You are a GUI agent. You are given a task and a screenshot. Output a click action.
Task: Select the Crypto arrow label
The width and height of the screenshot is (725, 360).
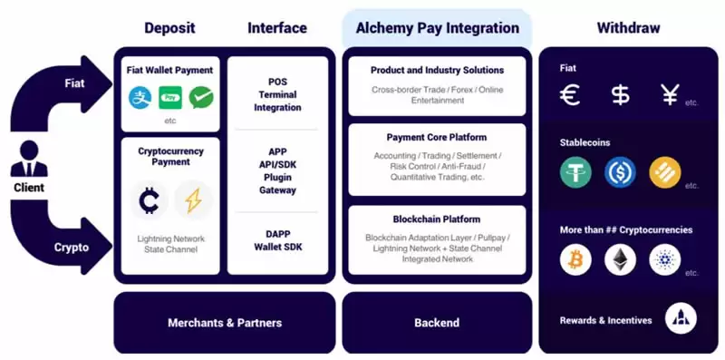point(72,247)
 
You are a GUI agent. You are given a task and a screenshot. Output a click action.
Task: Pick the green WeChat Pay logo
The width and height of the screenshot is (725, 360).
point(201,95)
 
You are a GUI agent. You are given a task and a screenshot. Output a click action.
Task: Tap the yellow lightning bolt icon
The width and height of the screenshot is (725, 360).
point(193,200)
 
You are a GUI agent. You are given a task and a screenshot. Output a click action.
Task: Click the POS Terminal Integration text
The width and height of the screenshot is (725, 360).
point(278,94)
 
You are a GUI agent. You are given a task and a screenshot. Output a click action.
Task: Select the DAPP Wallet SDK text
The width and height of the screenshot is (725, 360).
point(278,239)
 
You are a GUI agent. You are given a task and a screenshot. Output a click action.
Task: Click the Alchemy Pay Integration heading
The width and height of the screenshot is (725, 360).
point(437,28)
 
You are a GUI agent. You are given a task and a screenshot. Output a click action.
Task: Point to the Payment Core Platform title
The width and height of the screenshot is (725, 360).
point(437,137)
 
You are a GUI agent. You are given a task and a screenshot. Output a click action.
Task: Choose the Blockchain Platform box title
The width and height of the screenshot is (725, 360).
point(437,219)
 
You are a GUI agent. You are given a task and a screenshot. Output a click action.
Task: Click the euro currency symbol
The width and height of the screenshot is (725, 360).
point(570,94)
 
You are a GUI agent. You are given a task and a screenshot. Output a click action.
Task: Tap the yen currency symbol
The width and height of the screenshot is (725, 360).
point(670,94)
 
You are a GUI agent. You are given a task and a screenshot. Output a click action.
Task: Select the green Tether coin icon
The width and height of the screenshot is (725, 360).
point(575,172)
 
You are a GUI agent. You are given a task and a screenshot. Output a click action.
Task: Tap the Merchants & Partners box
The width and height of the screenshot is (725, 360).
point(225,323)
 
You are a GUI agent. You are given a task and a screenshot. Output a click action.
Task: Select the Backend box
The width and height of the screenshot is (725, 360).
point(437,323)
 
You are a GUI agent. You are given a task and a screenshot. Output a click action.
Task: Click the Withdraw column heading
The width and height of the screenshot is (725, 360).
point(628,28)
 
